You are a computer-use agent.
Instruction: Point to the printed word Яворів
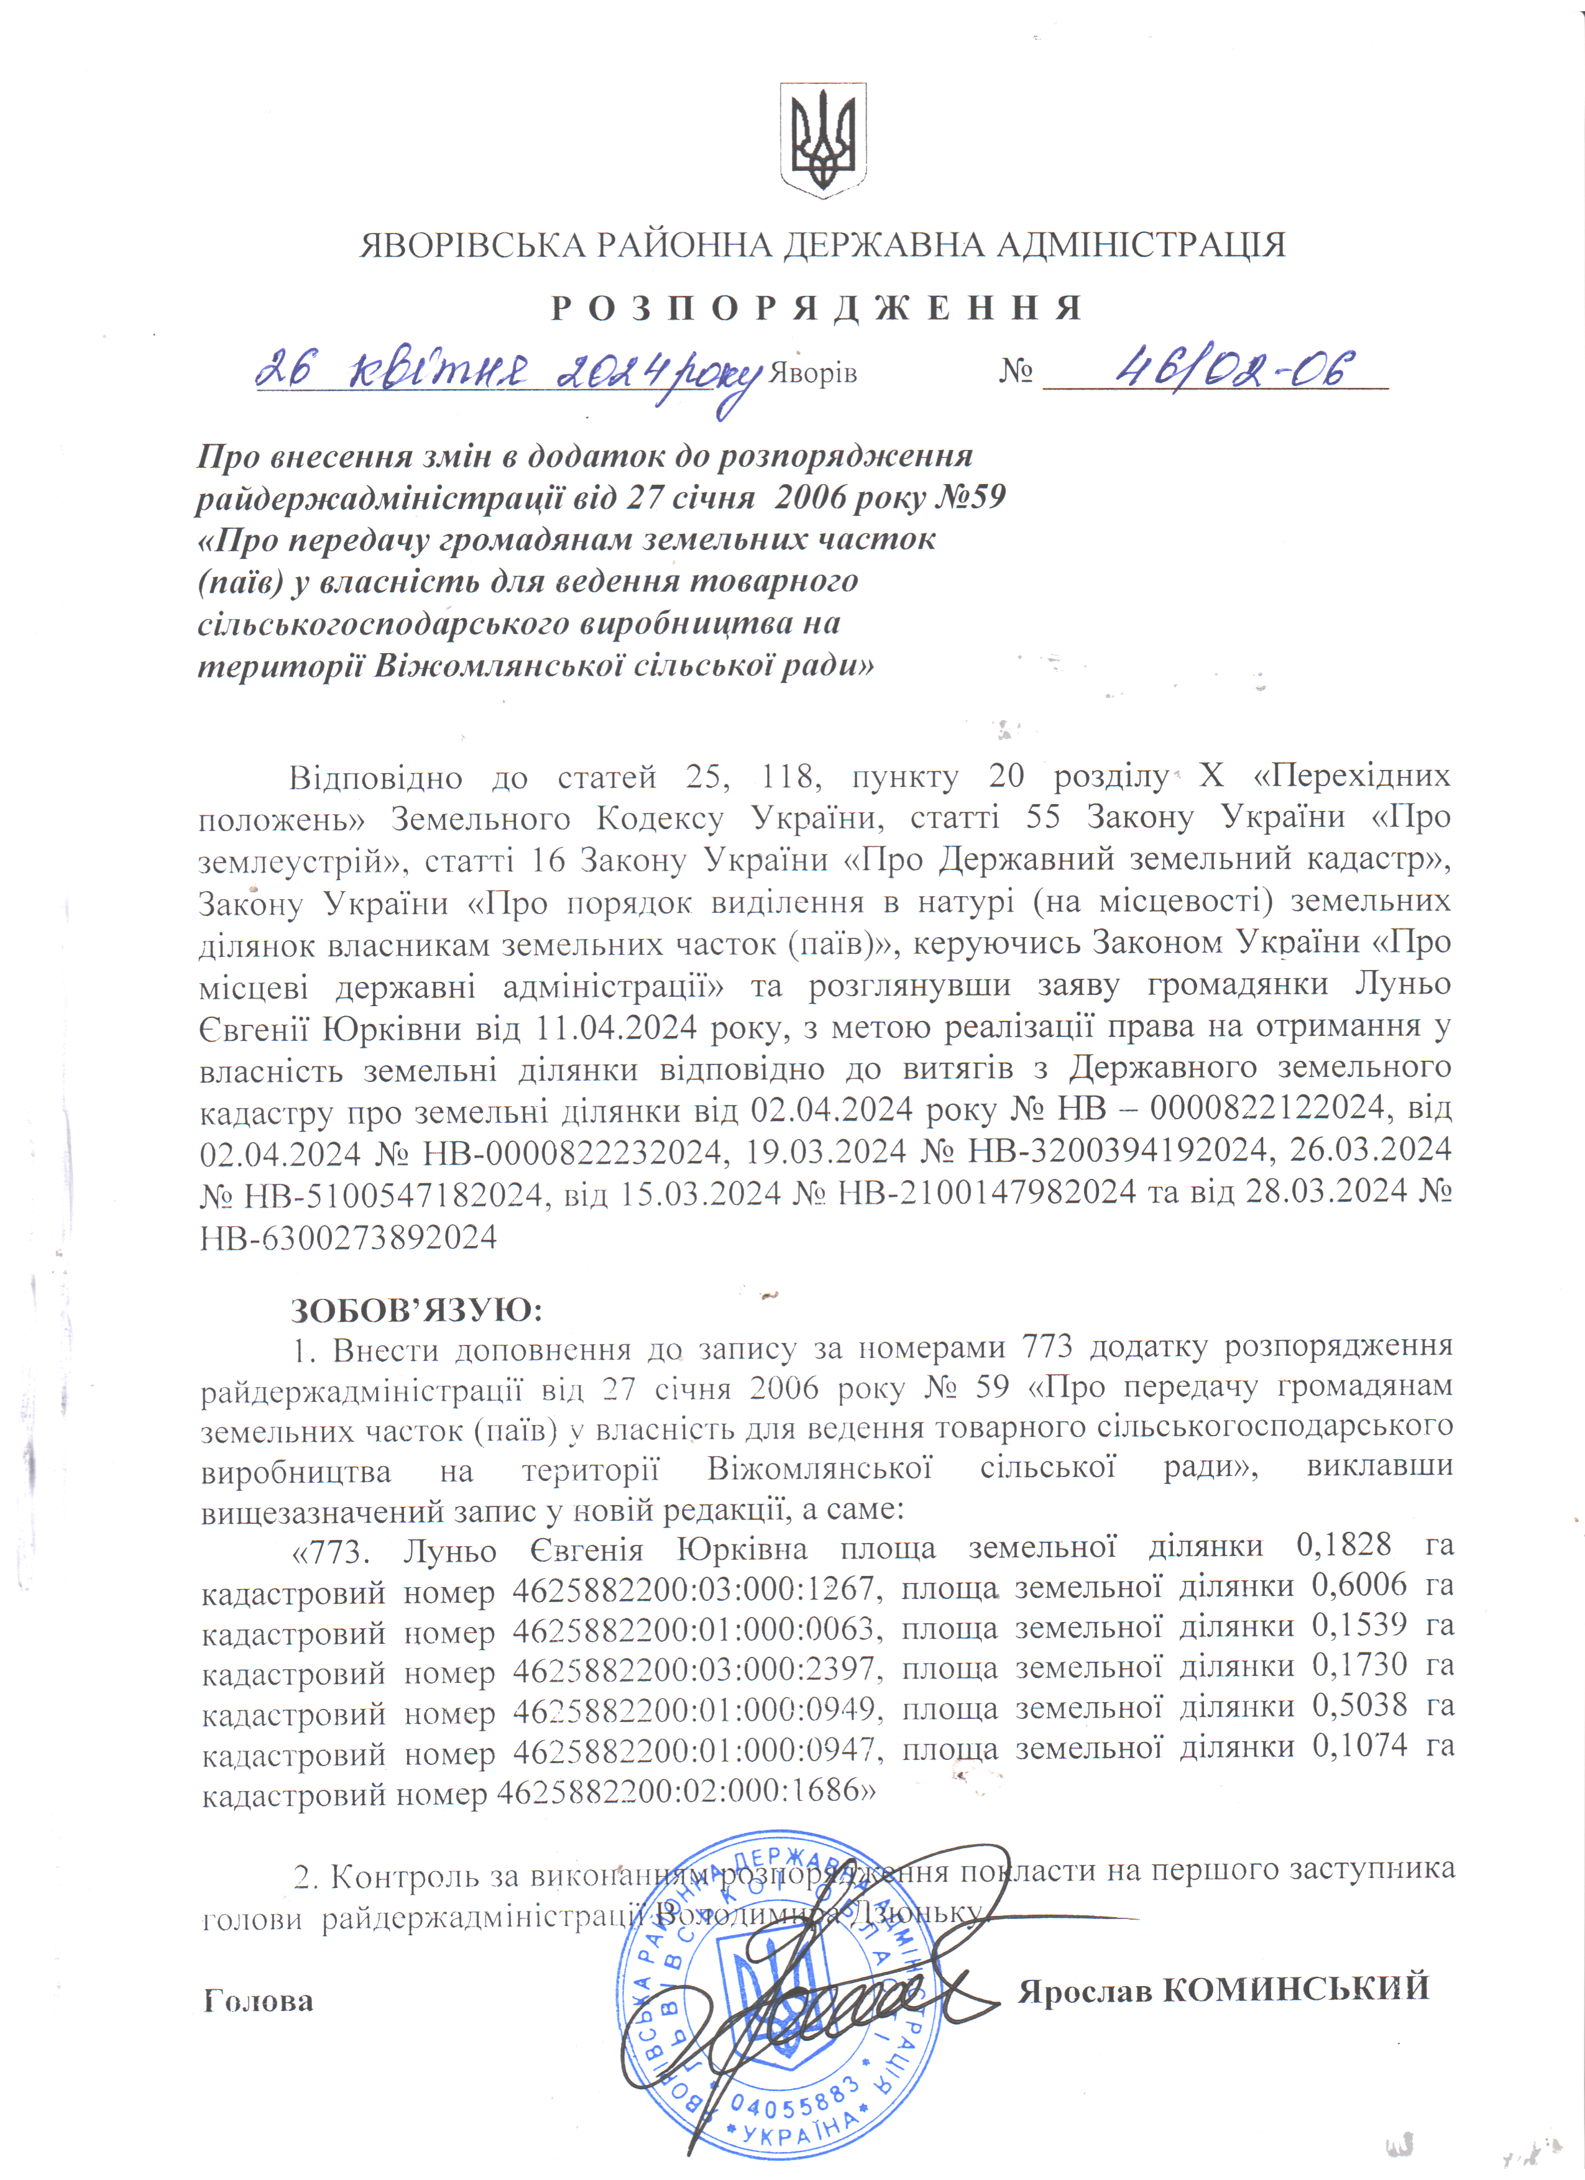(813, 374)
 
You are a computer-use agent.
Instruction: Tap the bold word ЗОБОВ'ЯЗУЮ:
(417, 1309)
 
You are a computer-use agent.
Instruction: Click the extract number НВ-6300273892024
(348, 1236)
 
